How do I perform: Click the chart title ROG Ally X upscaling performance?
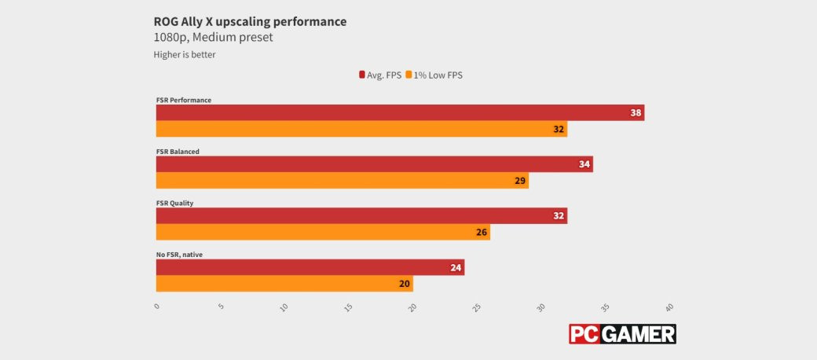(x=250, y=21)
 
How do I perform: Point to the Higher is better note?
(x=185, y=55)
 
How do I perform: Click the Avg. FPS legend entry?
(x=380, y=75)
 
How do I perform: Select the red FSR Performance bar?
(x=400, y=112)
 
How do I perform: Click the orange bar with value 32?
(x=361, y=129)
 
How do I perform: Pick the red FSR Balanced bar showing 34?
(x=374, y=164)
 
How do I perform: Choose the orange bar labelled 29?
(x=342, y=181)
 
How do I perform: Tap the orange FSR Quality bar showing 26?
(x=323, y=232)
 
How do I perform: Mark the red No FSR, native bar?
(x=310, y=268)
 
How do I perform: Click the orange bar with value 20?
(x=284, y=284)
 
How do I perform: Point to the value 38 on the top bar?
(x=636, y=113)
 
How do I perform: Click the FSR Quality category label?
(x=175, y=203)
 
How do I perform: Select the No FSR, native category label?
(x=180, y=255)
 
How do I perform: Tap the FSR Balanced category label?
(x=178, y=152)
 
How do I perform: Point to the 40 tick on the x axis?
(x=669, y=307)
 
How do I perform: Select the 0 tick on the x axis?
(x=157, y=307)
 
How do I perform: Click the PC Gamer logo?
(x=622, y=334)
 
